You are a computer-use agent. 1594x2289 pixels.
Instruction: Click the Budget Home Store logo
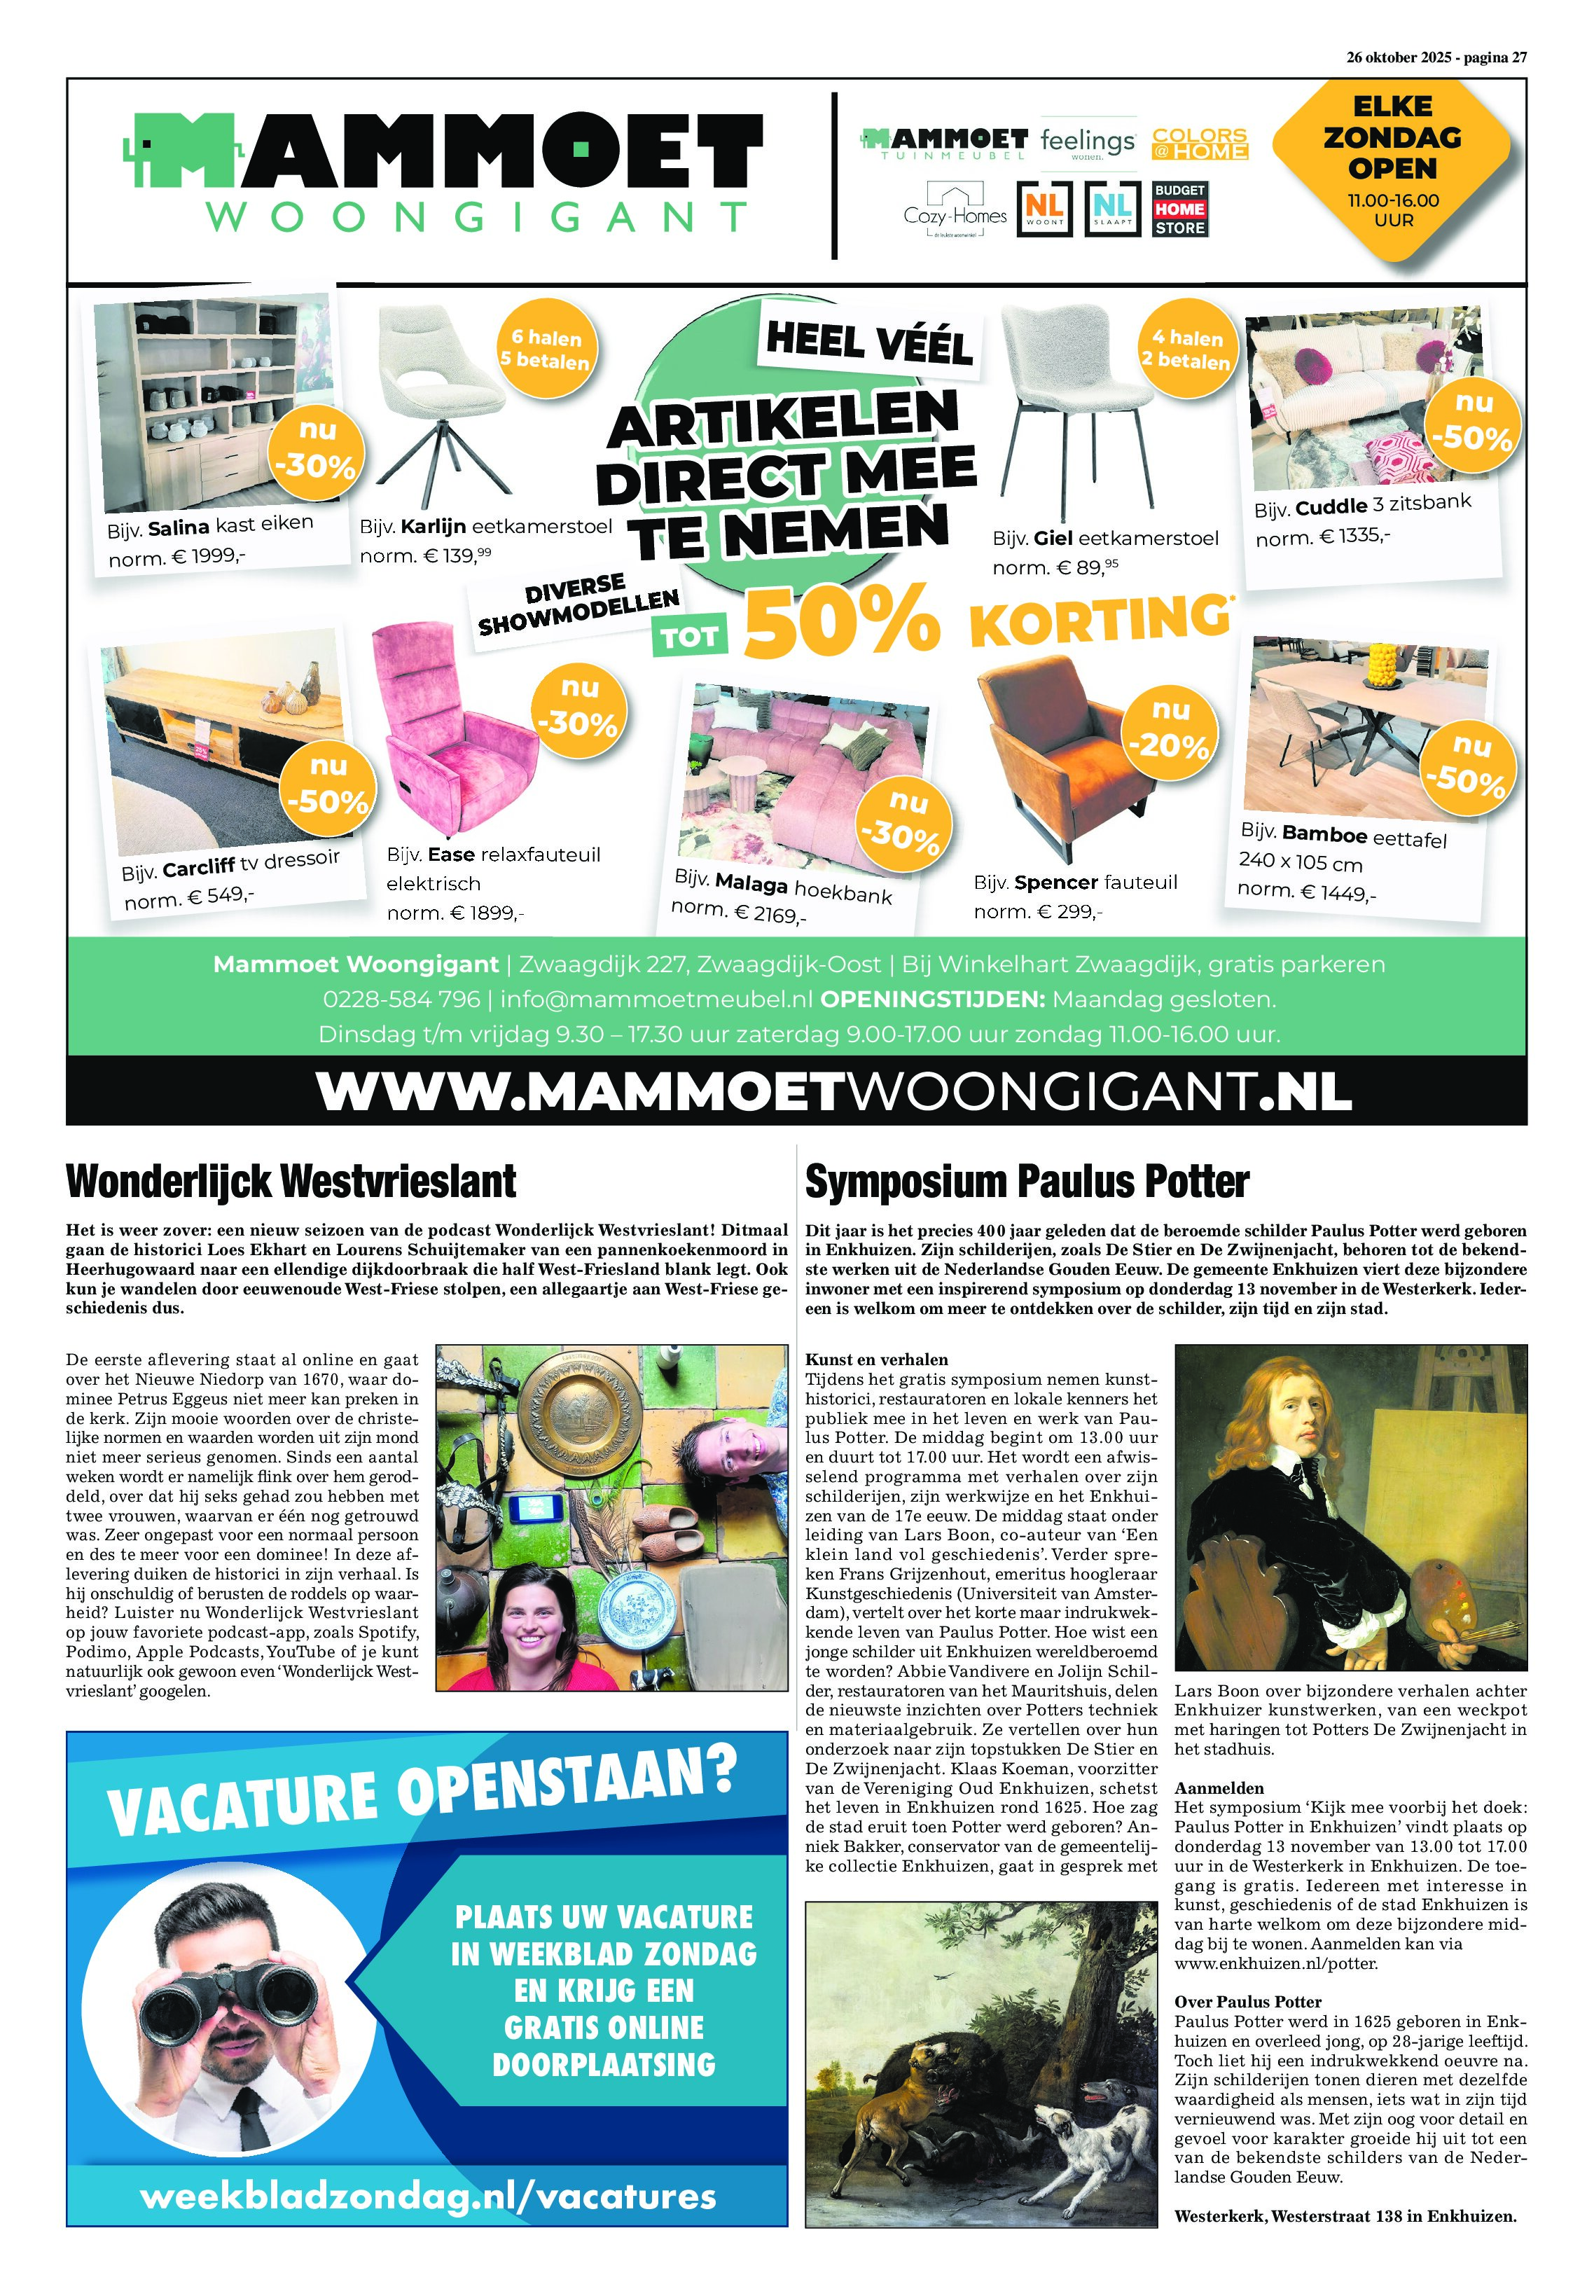tap(1180, 209)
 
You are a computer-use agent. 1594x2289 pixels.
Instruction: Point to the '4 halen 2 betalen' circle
tap(1185, 349)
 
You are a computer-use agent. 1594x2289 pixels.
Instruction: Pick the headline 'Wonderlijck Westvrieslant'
tap(291, 1182)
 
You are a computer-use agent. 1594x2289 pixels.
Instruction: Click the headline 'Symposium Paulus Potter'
tap(1027, 1182)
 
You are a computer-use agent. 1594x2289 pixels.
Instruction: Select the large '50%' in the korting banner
tap(843, 623)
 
